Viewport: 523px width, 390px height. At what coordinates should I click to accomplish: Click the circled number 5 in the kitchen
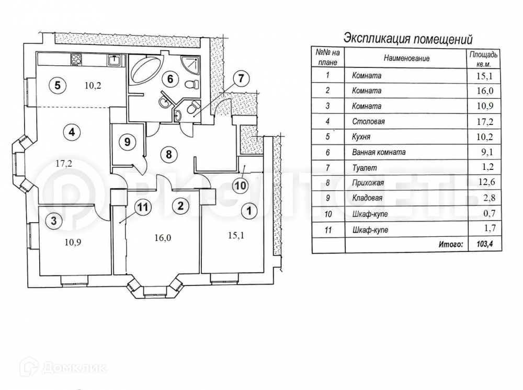tap(57, 84)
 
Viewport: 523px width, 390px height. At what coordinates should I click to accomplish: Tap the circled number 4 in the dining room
tap(71, 132)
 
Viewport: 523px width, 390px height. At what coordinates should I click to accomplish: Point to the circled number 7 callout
tap(238, 80)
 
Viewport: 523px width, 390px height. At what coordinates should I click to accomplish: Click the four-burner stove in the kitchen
tap(76, 59)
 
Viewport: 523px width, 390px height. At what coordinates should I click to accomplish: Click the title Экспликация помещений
tap(407, 39)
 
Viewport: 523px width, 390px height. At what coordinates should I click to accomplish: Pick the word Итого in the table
tap(450, 244)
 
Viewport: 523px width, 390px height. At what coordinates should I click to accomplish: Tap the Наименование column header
tap(406, 59)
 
